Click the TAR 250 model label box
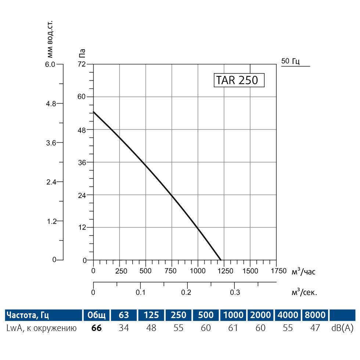tap(239, 80)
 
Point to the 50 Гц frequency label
tap(291, 61)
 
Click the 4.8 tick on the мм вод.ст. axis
tap(51, 104)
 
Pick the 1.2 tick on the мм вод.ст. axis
tap(51, 221)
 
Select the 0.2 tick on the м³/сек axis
tap(187, 292)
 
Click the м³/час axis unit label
tap(303, 271)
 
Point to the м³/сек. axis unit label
tap(304, 292)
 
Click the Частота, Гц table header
tap(28, 315)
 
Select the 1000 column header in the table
tap(233, 315)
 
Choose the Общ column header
tap(96, 315)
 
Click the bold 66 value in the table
tap(96, 328)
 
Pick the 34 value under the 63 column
tap(124, 328)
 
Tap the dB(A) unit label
tap(342, 328)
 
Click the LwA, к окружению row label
tap(42, 328)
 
